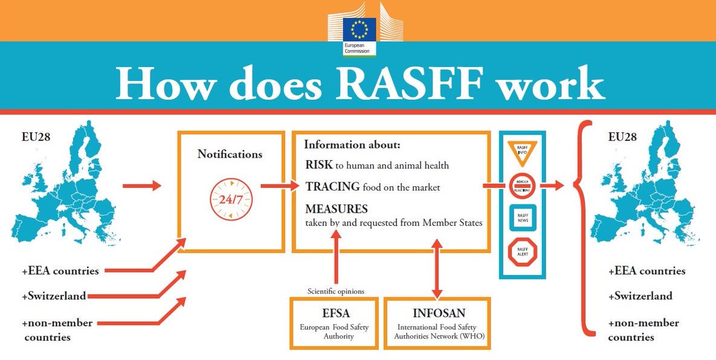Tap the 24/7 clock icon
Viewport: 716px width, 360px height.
[x=231, y=198]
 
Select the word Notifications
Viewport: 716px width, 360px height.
[x=230, y=154]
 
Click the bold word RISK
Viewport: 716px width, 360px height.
[x=318, y=165]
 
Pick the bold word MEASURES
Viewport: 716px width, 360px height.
[x=337, y=209]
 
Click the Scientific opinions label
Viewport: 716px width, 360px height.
[x=336, y=291]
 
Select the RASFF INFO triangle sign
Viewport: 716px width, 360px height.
[x=522, y=152]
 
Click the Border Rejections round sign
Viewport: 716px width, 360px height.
[x=522, y=185]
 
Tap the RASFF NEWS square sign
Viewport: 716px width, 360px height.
[x=522, y=218]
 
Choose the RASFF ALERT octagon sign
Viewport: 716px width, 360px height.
[x=522, y=251]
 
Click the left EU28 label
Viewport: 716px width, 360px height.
[x=36, y=137]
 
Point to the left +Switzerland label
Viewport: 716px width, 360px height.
[x=54, y=296]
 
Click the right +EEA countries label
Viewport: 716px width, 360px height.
[x=647, y=271]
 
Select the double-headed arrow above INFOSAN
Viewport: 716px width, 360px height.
[x=437, y=266]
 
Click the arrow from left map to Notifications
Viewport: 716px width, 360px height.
[x=141, y=185]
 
